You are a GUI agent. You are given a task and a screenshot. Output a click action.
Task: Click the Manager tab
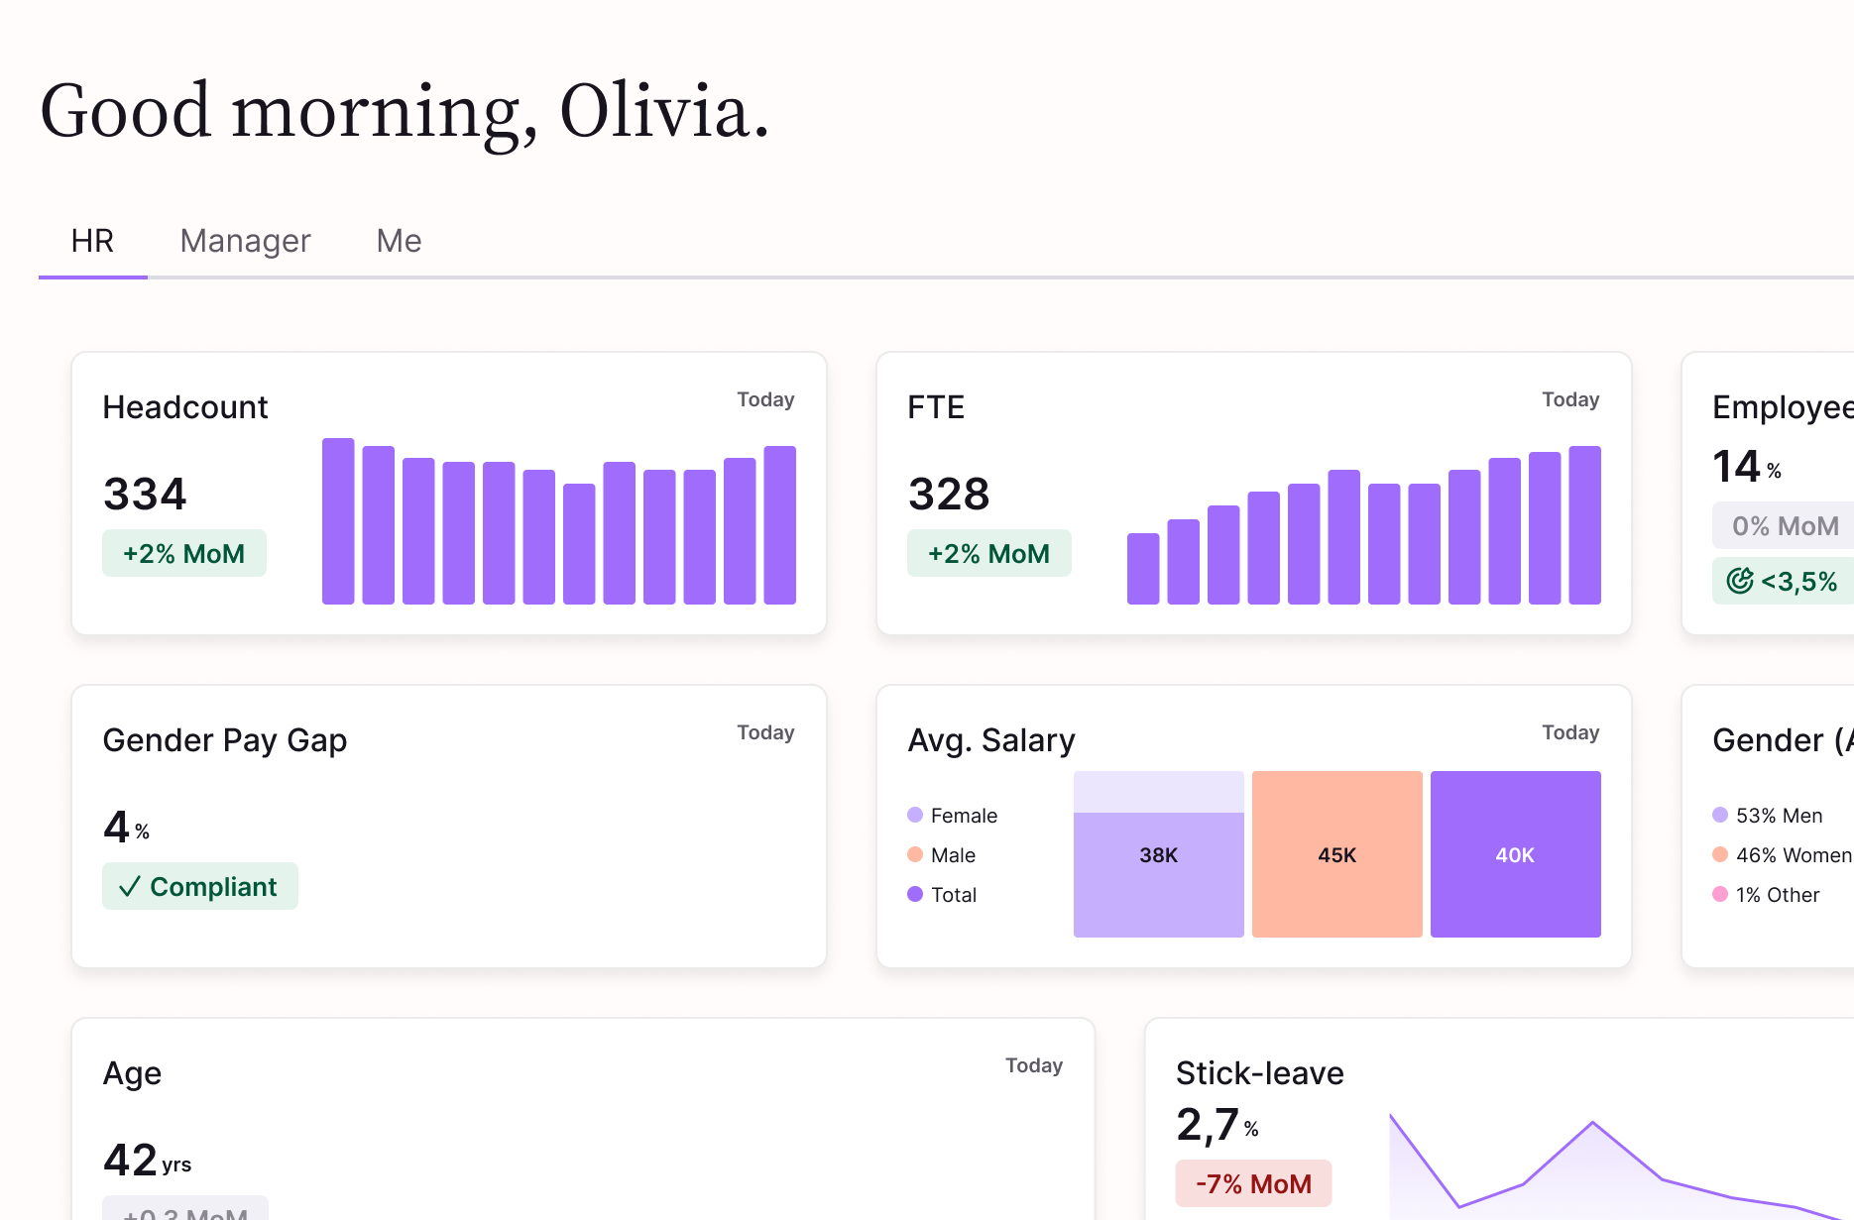coord(245,241)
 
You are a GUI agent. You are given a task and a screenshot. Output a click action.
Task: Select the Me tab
coord(399,241)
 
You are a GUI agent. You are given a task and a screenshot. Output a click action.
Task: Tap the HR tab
coord(92,241)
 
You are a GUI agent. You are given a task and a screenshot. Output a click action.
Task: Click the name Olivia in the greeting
coord(663,111)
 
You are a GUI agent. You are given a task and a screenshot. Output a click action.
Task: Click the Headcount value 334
coord(145,494)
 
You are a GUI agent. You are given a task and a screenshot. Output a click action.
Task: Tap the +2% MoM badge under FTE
coord(988,553)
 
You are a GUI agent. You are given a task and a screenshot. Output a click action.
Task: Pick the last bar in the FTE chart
coord(1584,525)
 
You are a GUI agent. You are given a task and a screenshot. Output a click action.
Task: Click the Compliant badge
coord(200,886)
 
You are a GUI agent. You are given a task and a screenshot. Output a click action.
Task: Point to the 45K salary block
coord(1336,854)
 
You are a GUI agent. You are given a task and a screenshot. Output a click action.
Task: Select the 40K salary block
coord(1515,854)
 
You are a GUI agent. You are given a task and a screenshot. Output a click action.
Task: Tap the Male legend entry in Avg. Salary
coord(952,854)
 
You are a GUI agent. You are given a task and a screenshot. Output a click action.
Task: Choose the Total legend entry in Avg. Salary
coord(953,894)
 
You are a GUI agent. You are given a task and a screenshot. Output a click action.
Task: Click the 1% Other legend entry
coord(1777,894)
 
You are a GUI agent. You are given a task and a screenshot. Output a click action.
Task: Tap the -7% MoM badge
coord(1253,1183)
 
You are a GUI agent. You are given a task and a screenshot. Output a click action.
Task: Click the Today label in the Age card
coord(1033,1065)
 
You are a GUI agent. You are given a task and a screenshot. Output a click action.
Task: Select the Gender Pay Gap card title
coord(225,740)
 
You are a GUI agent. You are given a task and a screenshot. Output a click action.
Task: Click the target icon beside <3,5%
coord(1740,581)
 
